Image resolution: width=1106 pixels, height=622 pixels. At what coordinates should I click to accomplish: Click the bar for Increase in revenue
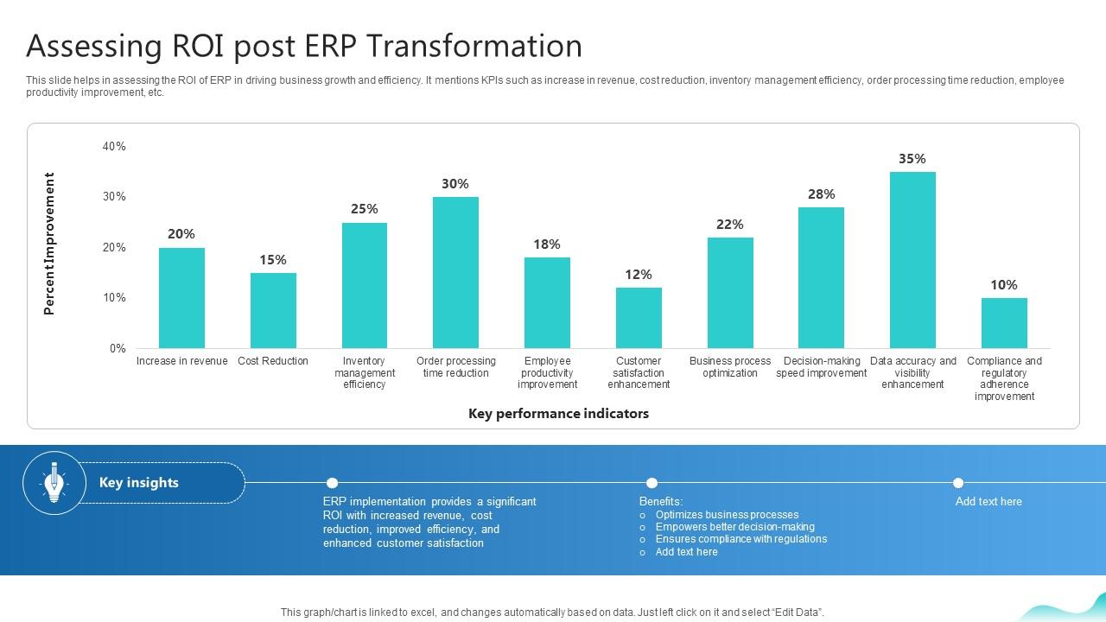pyautogui.click(x=181, y=298)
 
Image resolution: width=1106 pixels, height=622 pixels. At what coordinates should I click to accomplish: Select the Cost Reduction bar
pyautogui.click(x=273, y=310)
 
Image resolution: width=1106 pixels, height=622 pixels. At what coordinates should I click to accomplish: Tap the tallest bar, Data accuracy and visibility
pyautogui.click(x=912, y=260)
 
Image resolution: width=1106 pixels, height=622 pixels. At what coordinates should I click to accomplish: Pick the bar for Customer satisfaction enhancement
pyautogui.click(x=639, y=318)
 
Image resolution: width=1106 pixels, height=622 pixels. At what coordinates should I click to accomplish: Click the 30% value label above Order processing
pyautogui.click(x=455, y=184)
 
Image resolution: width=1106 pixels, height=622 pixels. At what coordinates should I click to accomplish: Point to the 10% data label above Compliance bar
pyautogui.click(x=1004, y=285)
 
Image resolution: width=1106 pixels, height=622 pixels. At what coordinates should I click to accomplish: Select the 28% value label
pyautogui.click(x=821, y=194)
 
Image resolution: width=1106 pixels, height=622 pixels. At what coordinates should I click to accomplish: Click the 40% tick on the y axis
pyautogui.click(x=114, y=147)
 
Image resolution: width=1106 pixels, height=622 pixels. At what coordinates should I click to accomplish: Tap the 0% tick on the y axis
pyautogui.click(x=118, y=349)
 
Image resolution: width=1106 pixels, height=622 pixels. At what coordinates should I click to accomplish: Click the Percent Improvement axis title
pyautogui.click(x=49, y=244)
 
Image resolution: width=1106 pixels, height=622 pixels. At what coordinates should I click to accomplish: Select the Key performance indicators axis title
pyautogui.click(x=558, y=414)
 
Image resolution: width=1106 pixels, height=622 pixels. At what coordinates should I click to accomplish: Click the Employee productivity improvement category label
pyautogui.click(x=547, y=373)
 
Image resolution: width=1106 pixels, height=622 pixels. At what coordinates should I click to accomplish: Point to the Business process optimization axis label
pyautogui.click(x=730, y=367)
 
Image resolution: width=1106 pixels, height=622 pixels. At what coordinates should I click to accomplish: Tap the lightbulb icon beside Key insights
pyautogui.click(x=54, y=483)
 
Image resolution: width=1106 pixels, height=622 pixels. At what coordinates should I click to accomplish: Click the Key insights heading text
pyautogui.click(x=139, y=483)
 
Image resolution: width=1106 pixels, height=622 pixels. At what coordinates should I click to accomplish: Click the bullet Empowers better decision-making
pyautogui.click(x=734, y=527)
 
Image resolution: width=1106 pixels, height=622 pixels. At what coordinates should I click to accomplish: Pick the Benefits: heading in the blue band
pyautogui.click(x=661, y=502)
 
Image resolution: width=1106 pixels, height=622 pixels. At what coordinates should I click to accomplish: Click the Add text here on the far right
pyautogui.click(x=988, y=502)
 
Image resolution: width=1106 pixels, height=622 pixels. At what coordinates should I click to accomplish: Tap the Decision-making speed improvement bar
pyautogui.click(x=821, y=278)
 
